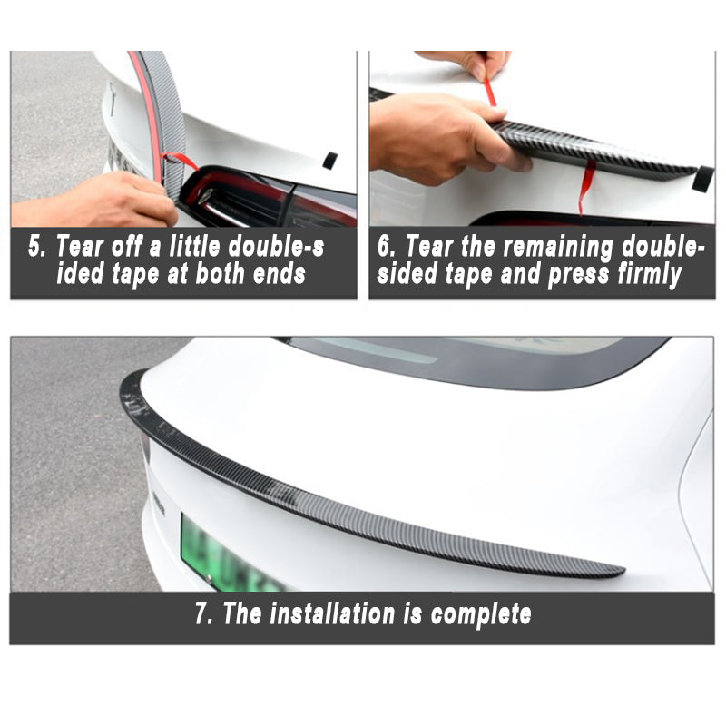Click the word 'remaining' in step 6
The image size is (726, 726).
pos(558,248)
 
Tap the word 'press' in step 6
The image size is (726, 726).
pos(578,276)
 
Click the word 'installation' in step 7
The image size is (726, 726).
pos(332,614)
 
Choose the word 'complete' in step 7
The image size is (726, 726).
pos(481,615)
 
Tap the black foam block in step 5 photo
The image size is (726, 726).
pos(330,161)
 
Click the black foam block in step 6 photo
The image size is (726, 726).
pos(702,179)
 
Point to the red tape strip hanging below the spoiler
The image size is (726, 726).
pos(585,185)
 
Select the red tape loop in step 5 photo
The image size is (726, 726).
pos(179,161)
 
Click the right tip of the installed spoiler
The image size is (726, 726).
pos(623,572)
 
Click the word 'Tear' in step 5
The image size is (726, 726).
pos(80,246)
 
